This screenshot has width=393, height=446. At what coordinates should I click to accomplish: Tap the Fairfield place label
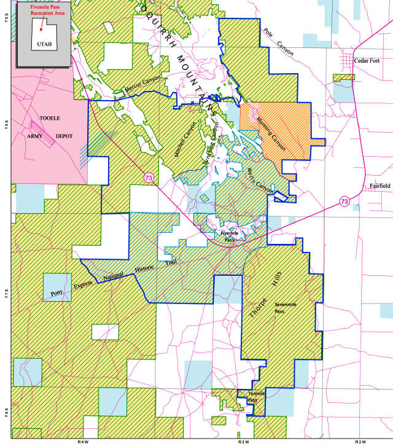click(x=379, y=186)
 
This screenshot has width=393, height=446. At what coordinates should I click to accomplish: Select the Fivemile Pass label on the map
click(x=228, y=237)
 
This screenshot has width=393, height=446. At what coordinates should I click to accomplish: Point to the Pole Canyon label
click(x=278, y=43)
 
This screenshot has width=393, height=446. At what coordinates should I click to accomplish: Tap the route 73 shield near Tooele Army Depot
click(x=149, y=178)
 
